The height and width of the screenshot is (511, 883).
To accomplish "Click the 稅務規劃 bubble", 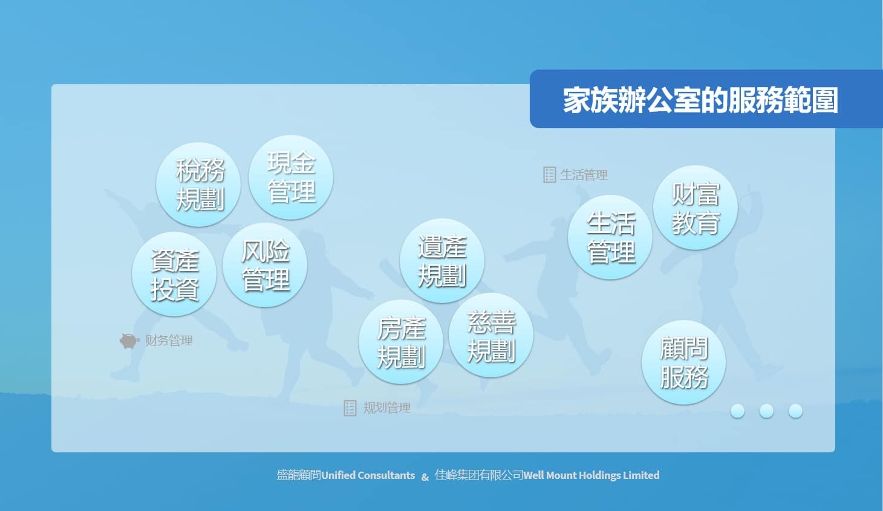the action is pos(198,184).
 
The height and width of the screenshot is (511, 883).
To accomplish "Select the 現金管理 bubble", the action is pos(291,177).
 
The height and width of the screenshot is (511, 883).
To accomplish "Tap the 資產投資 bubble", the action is pos(174,274).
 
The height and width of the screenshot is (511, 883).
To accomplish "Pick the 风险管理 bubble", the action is pos(265,265).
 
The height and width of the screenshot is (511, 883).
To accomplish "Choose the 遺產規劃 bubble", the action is pos(442,261).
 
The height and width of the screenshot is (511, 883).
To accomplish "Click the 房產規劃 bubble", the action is pos(401,342).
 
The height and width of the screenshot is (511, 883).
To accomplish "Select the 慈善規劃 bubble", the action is pos(491,335).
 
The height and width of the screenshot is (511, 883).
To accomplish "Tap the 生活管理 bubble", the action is pos(610,237).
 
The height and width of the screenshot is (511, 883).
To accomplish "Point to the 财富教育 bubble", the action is pos(696,207).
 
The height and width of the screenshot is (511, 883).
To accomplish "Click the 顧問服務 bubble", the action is pos(684,362).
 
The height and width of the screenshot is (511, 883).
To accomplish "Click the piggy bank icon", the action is pos(129,340).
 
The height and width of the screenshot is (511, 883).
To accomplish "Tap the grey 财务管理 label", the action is pos(169,340).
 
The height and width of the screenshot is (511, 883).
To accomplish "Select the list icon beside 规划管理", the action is pos(350,408).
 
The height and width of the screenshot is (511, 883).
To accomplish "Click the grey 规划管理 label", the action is pos(386,408).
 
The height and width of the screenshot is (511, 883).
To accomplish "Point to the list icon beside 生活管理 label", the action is pos(550,175).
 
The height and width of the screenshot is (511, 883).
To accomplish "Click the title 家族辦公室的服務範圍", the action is pos(700,100).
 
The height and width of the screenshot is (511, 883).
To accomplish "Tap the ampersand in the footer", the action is pos(425,477).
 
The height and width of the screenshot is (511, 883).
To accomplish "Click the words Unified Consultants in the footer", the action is pos(368,475).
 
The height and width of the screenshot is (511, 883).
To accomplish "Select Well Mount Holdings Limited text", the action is pos(591,475).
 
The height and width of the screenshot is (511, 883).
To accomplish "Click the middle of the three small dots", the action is pos(766,411).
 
